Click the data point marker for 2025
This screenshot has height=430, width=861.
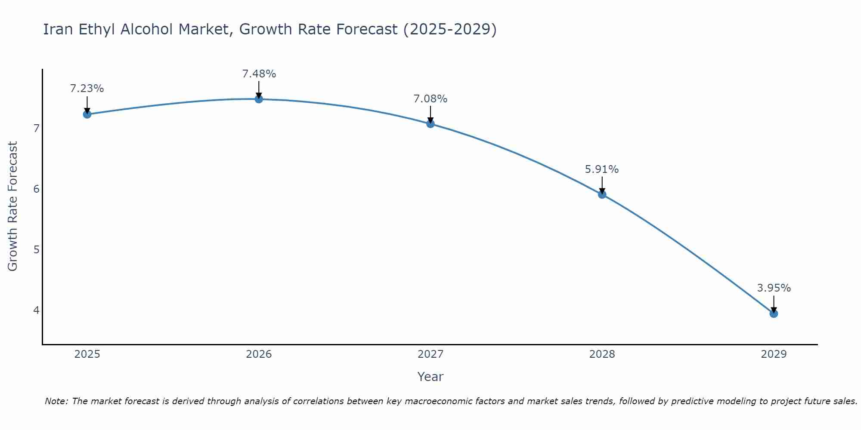point(87,114)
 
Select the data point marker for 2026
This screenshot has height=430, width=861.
point(259,99)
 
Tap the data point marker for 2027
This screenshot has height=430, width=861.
point(430,124)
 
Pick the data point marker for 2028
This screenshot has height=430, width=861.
point(602,194)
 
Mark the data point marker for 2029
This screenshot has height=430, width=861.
point(774,313)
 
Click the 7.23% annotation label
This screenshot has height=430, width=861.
point(87,89)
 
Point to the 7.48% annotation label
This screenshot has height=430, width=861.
point(259,74)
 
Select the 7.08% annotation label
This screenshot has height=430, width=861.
point(430,99)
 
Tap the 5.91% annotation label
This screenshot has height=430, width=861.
point(602,169)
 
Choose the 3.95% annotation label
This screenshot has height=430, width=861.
point(774,288)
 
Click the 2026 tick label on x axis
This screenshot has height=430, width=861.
point(259,354)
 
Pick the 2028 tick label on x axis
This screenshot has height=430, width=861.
point(602,354)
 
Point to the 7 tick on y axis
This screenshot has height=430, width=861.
point(36,128)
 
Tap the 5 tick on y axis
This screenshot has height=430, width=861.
point(36,249)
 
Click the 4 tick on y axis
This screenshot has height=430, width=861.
point(36,310)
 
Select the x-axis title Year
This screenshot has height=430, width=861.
point(430,377)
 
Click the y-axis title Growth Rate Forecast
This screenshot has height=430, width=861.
point(13,206)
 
